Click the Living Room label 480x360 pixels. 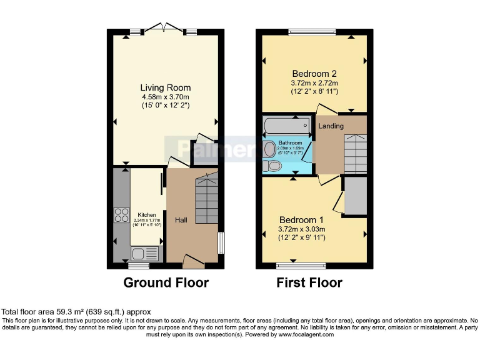click(x=165, y=87)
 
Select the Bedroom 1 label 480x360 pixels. click(x=301, y=220)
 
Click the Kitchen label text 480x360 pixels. click(x=147, y=214)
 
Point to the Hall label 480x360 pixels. click(x=181, y=220)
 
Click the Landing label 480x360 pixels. click(x=331, y=126)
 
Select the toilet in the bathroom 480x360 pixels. click(x=272, y=166)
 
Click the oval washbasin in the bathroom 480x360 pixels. click(x=270, y=149)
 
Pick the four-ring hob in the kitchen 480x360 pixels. click(x=120, y=215)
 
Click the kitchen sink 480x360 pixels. click(x=146, y=253)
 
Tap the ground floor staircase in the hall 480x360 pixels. click(x=206, y=199)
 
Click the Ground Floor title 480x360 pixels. click(x=166, y=282)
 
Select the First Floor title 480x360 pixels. click(x=309, y=282)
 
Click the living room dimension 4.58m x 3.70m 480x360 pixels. click(x=165, y=97)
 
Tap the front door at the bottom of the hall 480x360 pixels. click(x=193, y=261)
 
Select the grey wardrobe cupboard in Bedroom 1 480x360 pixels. click(x=355, y=196)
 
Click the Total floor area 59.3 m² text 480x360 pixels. click(x=76, y=311)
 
